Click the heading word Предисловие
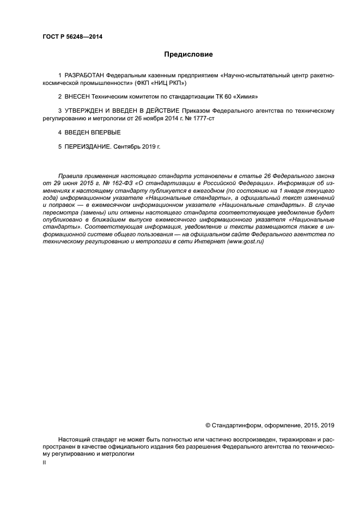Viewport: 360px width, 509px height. [188, 54]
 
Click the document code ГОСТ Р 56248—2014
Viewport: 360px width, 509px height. [72, 37]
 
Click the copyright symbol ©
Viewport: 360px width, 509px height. [208, 425]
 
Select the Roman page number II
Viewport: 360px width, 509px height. [44, 462]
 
